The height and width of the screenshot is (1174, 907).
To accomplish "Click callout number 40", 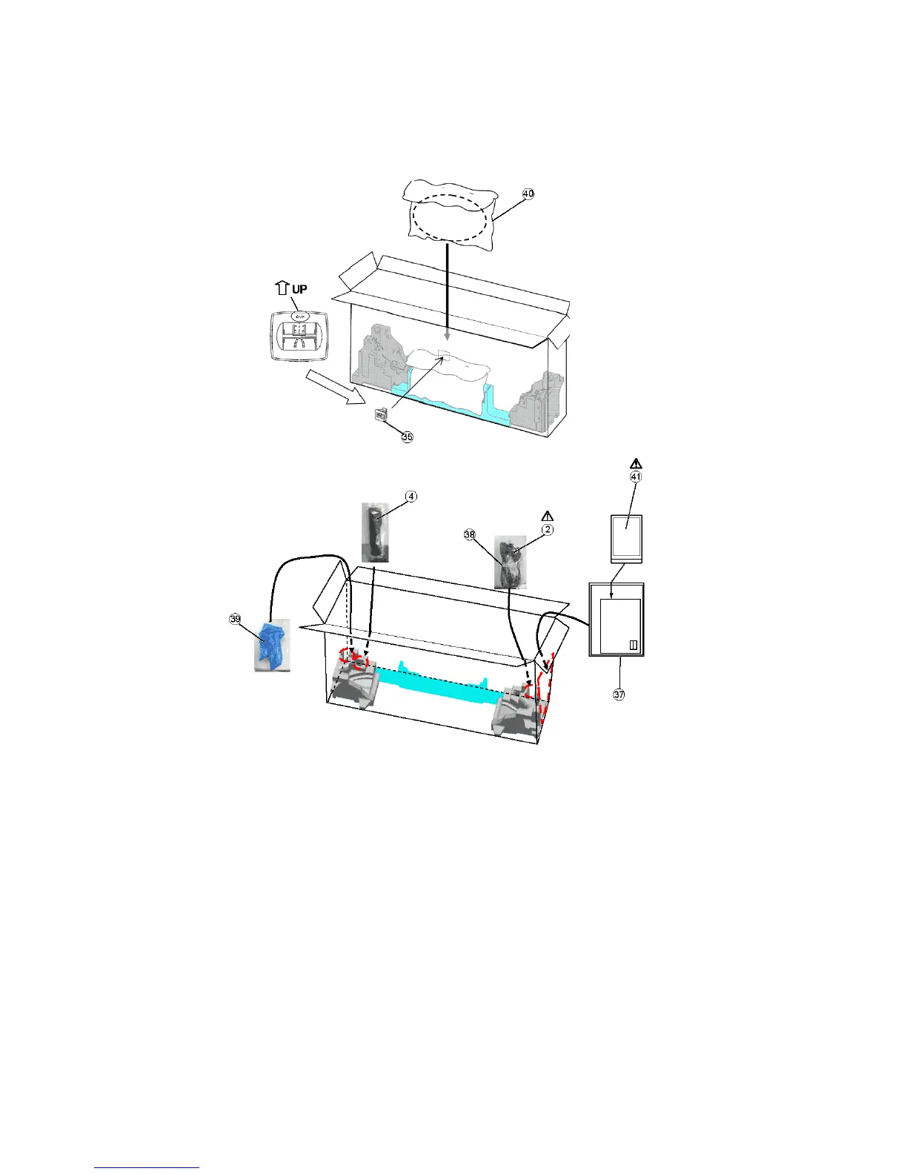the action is point(528,193).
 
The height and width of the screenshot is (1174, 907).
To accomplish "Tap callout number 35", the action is point(407,437).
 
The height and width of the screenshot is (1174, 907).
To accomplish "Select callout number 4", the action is point(411,496).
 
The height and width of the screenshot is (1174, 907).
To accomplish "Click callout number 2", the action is point(547,530).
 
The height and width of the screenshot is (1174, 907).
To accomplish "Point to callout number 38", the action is point(469,535).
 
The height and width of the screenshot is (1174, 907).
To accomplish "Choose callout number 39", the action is point(235,620).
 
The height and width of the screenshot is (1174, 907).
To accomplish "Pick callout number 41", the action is point(635,477).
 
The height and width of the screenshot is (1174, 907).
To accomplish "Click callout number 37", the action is point(619,694).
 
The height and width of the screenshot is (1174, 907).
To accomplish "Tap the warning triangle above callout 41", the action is point(635,464).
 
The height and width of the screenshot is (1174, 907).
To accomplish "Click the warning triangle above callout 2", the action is point(547,516).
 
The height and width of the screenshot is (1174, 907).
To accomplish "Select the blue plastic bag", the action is point(271,644).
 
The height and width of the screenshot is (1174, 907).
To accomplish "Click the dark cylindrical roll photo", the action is point(375,531).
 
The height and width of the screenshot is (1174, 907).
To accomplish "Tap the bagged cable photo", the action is point(510,562).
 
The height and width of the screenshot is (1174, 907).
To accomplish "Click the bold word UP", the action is point(299,289).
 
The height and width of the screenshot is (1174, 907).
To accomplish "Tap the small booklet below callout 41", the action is point(626,539).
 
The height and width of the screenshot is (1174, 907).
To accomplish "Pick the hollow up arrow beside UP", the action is point(282,288).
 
